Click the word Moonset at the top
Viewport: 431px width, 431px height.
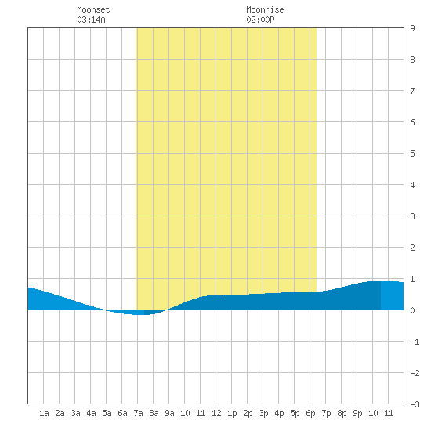pos(93,9)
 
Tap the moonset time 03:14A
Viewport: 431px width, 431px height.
pos(91,20)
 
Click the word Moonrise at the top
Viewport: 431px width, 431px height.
pos(265,9)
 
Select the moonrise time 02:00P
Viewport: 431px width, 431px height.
pos(260,20)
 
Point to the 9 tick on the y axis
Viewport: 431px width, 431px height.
pos(412,28)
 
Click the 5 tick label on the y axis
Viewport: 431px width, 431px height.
pos(412,154)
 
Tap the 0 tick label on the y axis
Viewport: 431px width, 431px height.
pos(412,310)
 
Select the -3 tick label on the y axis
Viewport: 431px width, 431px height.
pos(415,404)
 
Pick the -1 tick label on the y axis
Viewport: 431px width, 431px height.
pos(415,342)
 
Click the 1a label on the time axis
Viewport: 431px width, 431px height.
pos(44,413)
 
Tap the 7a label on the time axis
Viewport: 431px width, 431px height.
pos(138,413)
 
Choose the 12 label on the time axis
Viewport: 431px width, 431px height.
pos(216,413)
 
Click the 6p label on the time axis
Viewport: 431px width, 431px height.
pos(310,413)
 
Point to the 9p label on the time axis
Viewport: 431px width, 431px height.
pos(357,413)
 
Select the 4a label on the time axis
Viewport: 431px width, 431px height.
pos(91,413)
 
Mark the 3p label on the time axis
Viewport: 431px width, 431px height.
pos(263,413)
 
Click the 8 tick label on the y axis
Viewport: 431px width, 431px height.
pos(412,60)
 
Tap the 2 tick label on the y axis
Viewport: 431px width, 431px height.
pos(412,248)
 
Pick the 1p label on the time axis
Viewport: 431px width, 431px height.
pos(232,413)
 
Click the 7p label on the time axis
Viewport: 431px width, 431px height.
pos(326,413)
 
